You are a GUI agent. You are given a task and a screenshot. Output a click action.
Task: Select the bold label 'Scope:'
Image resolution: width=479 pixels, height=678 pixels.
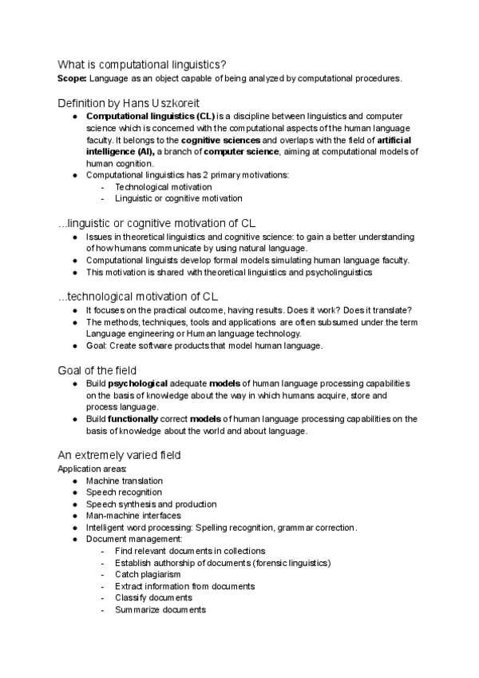pyautogui.click(x=73, y=78)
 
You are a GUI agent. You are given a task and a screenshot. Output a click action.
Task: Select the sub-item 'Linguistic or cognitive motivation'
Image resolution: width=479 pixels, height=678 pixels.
pyautogui.click(x=179, y=198)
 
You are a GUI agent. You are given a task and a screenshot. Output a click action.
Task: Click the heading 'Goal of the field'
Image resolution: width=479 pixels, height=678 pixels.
pyautogui.click(x=97, y=370)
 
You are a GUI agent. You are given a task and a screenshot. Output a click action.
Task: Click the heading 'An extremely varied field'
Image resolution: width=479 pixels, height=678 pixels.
pyautogui.click(x=120, y=455)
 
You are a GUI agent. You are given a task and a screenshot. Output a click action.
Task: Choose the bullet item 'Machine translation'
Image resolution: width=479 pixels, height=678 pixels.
pyautogui.click(x=125, y=481)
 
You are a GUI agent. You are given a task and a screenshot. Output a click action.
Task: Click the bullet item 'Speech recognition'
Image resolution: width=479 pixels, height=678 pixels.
pyautogui.click(x=124, y=493)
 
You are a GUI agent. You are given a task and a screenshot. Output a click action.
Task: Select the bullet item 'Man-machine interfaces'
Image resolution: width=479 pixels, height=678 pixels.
pyautogui.click(x=133, y=516)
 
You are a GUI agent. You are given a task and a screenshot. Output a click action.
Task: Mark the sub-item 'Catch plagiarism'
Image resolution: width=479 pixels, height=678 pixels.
pyautogui.click(x=148, y=574)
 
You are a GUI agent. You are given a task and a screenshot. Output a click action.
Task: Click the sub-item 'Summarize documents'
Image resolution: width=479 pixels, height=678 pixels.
pyautogui.click(x=160, y=609)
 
